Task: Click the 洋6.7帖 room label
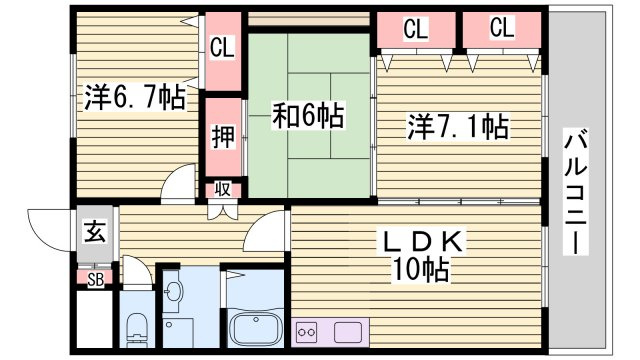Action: (135, 98)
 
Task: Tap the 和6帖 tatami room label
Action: (308, 116)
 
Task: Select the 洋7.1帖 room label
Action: (458, 127)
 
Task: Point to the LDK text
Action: (422, 242)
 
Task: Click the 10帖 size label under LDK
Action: (420, 269)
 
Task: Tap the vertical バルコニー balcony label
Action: (576, 192)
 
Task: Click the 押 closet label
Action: (223, 137)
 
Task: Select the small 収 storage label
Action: (223, 189)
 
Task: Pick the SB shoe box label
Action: (95, 279)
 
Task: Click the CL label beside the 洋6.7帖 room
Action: (222, 47)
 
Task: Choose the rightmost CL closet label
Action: (502, 27)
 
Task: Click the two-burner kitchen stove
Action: (307, 332)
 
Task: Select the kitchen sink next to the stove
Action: (348, 332)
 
